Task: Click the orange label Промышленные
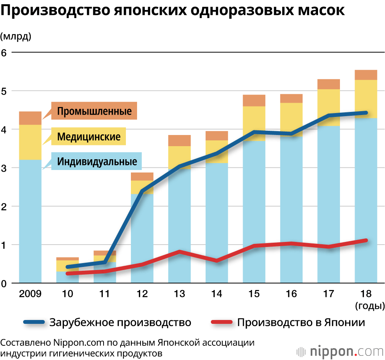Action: click(x=94, y=111)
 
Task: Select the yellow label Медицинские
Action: click(x=89, y=137)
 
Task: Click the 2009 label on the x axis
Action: click(x=30, y=294)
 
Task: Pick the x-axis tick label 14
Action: click(x=217, y=294)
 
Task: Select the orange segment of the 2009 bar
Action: click(x=30, y=118)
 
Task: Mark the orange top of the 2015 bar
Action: click(x=254, y=100)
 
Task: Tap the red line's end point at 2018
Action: click(x=366, y=240)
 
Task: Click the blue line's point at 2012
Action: click(x=142, y=191)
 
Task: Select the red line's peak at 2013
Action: click(x=179, y=252)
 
